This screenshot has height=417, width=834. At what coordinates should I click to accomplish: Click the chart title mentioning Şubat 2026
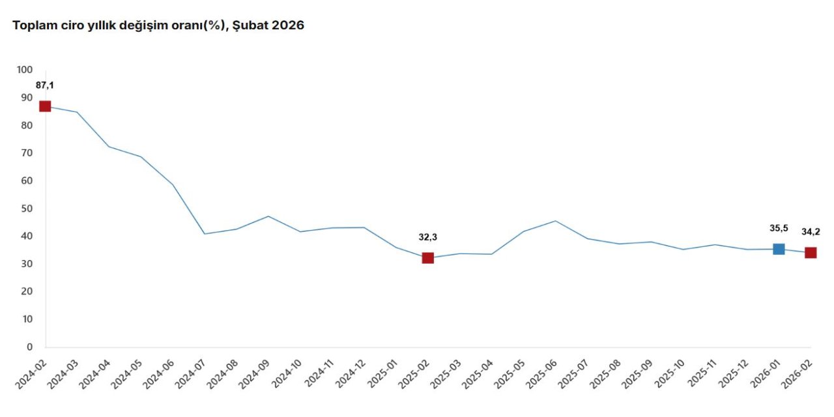click(158, 25)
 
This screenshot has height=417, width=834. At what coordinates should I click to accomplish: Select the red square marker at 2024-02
click(45, 106)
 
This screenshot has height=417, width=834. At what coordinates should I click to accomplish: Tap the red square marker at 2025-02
click(427, 258)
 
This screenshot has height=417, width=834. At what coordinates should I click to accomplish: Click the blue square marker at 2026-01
click(779, 249)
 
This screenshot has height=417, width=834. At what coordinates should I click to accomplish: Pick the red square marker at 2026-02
click(811, 253)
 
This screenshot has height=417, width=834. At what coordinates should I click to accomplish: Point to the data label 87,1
click(45, 85)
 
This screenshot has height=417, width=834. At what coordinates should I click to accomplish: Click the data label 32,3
click(427, 237)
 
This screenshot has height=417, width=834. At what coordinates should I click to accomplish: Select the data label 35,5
click(779, 228)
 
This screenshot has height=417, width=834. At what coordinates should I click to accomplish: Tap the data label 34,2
click(811, 232)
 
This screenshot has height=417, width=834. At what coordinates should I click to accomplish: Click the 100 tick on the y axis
click(25, 70)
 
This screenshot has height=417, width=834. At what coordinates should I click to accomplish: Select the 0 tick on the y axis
click(29, 347)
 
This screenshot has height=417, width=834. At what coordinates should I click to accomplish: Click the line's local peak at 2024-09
click(268, 216)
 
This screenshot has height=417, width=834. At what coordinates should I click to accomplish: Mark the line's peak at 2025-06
click(555, 221)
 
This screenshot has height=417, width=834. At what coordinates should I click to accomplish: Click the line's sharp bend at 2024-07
click(205, 234)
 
